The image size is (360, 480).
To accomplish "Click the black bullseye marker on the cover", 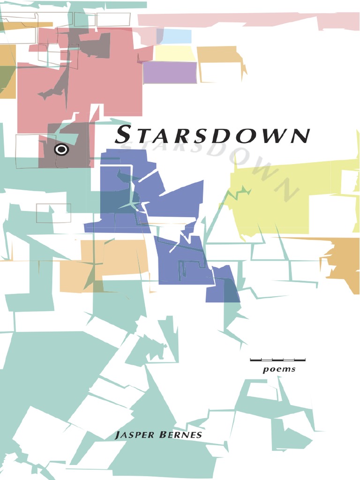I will [x=61, y=150].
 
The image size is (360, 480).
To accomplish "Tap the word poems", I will [x=279, y=369].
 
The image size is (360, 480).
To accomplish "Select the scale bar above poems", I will [x=277, y=360].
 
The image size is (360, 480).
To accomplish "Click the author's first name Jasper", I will [x=133, y=435].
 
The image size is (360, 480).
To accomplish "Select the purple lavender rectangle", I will [x=170, y=72].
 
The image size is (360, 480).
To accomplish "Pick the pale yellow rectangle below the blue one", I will [x=174, y=53].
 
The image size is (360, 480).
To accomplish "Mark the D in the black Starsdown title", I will [x=218, y=136].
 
